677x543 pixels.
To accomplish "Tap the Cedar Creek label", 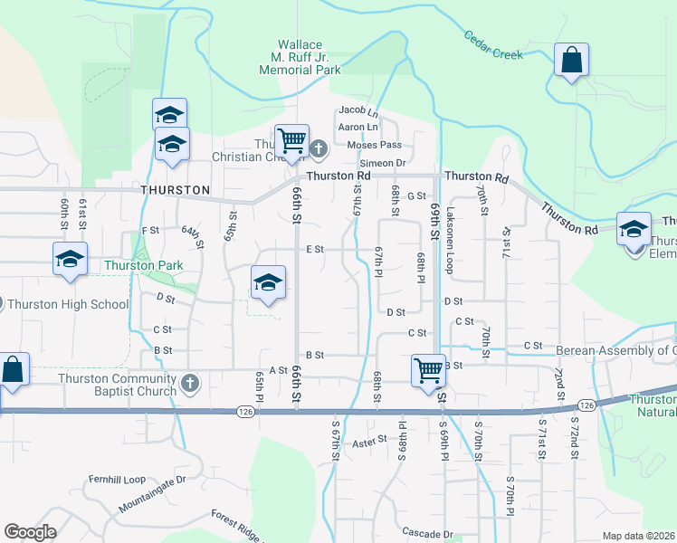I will (x=493, y=45).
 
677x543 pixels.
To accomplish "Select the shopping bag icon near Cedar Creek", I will (x=571, y=62).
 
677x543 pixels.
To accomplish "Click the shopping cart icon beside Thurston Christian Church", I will (x=291, y=141).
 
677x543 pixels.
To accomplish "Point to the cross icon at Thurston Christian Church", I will (x=318, y=148).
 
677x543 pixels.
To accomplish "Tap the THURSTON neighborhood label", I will (x=176, y=190).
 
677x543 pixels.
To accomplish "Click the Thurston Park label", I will (x=143, y=265).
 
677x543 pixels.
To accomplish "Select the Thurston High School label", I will (x=71, y=304).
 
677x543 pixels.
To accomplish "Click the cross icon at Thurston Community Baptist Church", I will (x=189, y=384).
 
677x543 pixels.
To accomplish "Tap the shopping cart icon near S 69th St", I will (x=427, y=369).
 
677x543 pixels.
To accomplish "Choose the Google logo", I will (x=31, y=532).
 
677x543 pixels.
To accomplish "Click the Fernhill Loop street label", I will (x=117, y=479).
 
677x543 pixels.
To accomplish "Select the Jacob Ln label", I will (x=358, y=110).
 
